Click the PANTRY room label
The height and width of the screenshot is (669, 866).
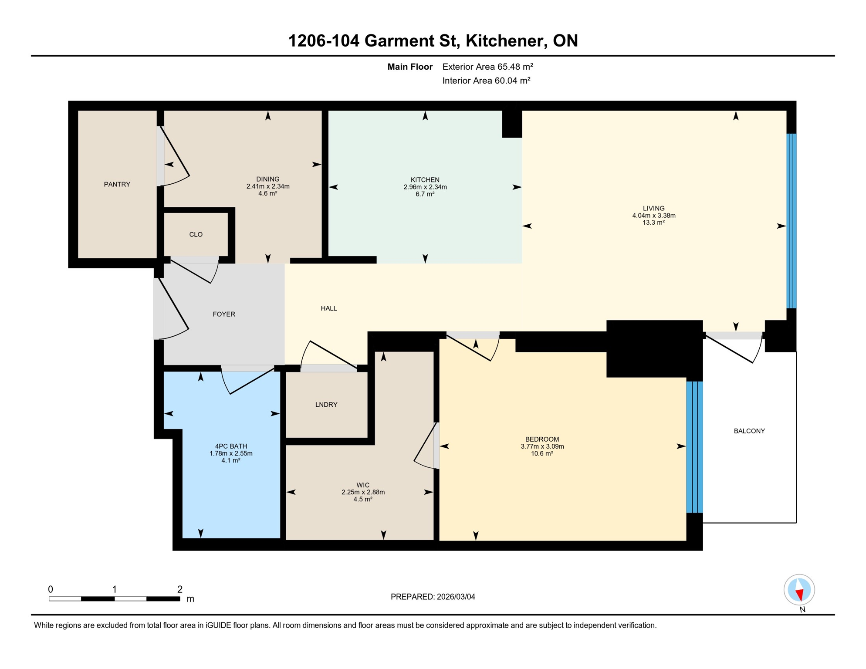pos(117,184)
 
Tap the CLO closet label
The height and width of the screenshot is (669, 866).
pos(196,234)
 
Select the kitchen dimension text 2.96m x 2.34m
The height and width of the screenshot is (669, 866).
pos(425,187)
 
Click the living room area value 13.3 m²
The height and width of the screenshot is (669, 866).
pos(653,223)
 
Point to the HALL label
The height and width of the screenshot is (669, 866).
pos(328,308)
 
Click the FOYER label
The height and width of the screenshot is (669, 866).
pos(223,314)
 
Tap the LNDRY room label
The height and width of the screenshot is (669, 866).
pos(326,405)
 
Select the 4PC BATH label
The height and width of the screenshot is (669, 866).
pos(231,446)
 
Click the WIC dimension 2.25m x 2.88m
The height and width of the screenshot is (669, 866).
pos(363,492)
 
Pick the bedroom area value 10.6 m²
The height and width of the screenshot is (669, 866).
pos(542,453)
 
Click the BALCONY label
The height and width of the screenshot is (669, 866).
pos(749,431)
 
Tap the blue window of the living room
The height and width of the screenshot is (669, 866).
pos(791,221)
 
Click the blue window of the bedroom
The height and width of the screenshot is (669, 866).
pos(694,447)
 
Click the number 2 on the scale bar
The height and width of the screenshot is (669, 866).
pos(179,589)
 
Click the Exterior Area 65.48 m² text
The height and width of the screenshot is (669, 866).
pos(487,67)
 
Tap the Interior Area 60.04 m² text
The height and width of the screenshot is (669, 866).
pos(486,81)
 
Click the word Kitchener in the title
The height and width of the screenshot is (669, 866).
pos(504,41)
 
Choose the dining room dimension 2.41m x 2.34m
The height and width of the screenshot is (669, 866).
pos(267,186)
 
